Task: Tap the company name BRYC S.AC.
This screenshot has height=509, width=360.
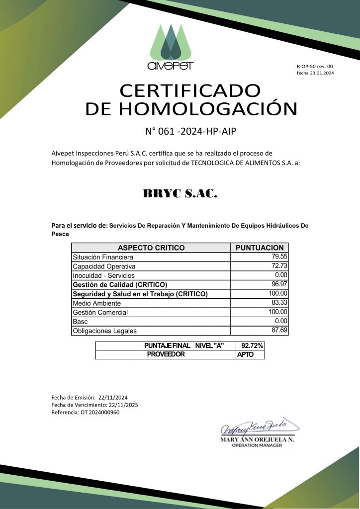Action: point(180,194)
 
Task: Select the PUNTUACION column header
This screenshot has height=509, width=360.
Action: point(260,248)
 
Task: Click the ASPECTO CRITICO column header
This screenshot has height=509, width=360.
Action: point(151,248)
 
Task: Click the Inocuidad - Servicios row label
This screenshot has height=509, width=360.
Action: point(103,275)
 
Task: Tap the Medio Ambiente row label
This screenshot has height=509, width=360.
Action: point(96,303)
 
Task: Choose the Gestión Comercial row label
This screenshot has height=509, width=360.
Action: point(100,312)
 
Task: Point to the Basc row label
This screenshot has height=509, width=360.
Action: point(80,322)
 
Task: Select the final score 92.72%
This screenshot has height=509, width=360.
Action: point(252,345)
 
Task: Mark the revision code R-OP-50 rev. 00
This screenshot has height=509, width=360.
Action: point(315,66)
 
